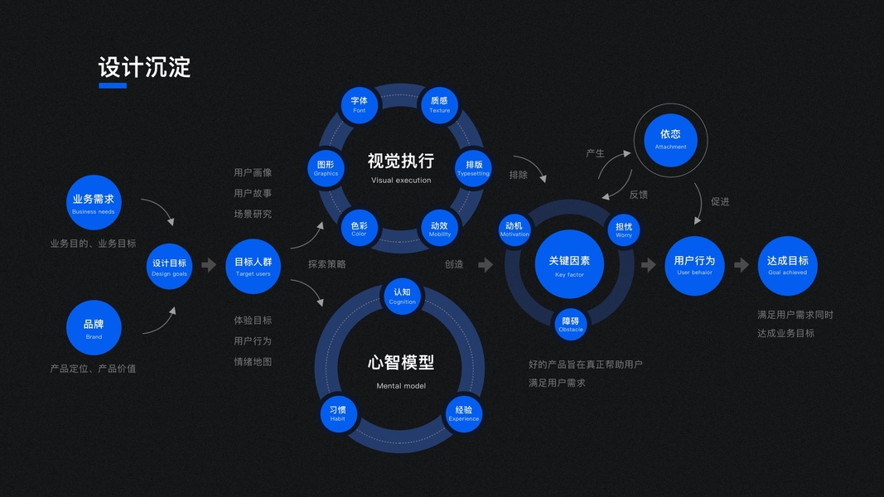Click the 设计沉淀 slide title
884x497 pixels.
click(x=145, y=68)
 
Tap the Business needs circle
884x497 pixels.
click(x=94, y=203)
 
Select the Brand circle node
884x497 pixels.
click(x=94, y=328)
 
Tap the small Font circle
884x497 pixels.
click(x=360, y=105)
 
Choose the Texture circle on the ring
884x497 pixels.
click(x=440, y=105)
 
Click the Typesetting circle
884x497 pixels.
click(x=474, y=169)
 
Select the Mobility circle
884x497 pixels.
click(x=440, y=229)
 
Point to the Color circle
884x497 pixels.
click(x=359, y=229)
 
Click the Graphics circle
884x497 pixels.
click(x=326, y=169)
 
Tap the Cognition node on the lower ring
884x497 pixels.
click(x=403, y=296)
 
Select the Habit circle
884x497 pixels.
click(x=338, y=413)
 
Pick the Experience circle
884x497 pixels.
click(x=464, y=413)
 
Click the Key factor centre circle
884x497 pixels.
click(x=569, y=265)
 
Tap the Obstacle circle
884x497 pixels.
click(x=571, y=324)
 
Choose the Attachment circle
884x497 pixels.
click(x=670, y=138)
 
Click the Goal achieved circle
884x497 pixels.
click(x=787, y=265)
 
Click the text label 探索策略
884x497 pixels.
click(x=327, y=264)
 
